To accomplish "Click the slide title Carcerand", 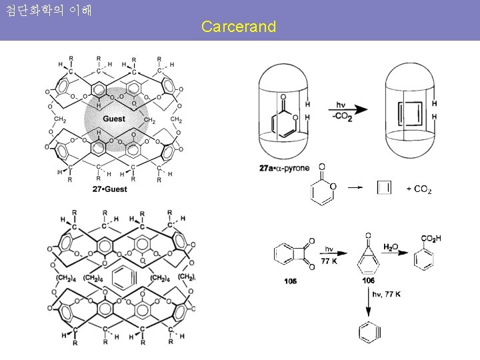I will tap(238, 27).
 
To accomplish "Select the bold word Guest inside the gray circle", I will tap(113, 119).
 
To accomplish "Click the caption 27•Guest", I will tap(110, 189).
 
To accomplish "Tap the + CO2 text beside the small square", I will tap(419, 189).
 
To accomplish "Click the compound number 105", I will tap(290, 281).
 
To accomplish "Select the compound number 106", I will tap(369, 281).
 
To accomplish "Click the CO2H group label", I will tap(431, 239).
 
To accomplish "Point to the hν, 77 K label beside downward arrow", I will tap(387, 294).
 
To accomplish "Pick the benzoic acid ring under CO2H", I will tap(424, 259).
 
